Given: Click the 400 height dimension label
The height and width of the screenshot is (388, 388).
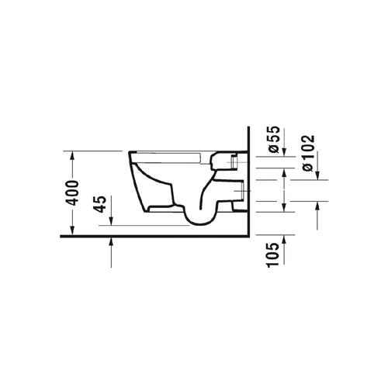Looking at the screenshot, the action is (x=72, y=193).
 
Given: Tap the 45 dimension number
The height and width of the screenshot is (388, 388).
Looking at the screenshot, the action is (x=101, y=204).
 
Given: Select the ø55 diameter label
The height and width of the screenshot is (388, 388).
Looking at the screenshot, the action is (x=274, y=139).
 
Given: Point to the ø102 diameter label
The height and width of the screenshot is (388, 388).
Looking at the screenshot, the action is (x=308, y=153).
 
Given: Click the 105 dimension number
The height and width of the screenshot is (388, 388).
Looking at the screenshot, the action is (x=273, y=255).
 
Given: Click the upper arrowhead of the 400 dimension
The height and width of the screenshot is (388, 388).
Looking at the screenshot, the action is (x=72, y=155).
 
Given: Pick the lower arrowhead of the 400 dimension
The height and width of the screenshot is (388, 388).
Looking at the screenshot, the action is (x=72, y=230).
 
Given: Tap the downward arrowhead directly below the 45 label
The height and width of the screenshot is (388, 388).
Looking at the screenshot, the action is (x=111, y=221).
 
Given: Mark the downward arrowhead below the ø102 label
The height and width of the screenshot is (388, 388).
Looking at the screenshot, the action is (x=318, y=175).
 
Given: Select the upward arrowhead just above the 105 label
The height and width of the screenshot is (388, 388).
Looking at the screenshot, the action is (x=284, y=239).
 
